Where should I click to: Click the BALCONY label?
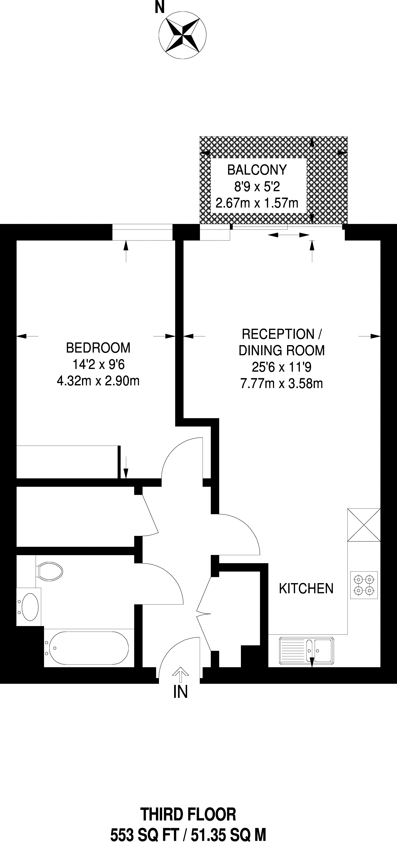point(257,170)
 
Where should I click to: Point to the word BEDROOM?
point(98,348)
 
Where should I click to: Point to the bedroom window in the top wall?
point(142,232)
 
